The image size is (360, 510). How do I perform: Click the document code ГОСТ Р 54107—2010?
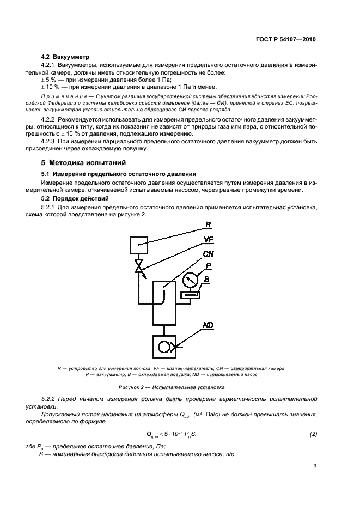[x=285, y=40]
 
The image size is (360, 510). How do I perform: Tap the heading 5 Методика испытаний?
[x=83, y=162]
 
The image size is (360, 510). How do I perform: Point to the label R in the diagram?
[x=208, y=224]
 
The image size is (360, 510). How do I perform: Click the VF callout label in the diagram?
[x=209, y=239]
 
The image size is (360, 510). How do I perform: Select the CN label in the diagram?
[x=208, y=254]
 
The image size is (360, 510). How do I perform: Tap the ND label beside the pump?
[x=208, y=325]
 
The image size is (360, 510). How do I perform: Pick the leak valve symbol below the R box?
[x=139, y=268]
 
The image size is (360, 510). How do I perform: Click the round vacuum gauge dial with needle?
[x=191, y=281]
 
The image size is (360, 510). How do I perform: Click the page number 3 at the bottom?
[x=315, y=465]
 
